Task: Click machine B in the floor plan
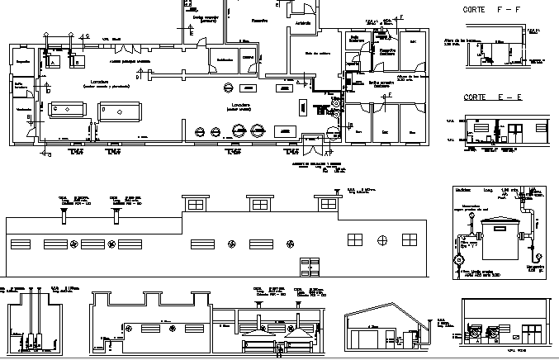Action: tap(78, 61)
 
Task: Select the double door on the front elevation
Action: tap(310, 264)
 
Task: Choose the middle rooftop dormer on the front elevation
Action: tap(259, 203)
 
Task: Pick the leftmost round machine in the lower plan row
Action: tap(199, 130)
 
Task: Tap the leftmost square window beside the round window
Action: tap(355, 239)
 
